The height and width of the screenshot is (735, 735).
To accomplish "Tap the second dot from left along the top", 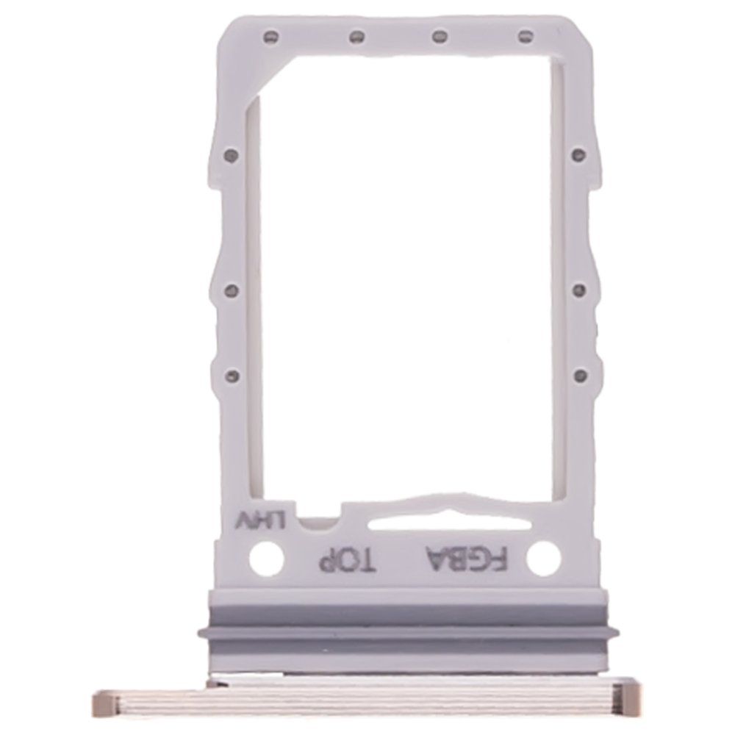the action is click(x=356, y=35).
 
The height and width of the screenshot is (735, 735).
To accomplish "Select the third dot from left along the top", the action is click(x=440, y=35).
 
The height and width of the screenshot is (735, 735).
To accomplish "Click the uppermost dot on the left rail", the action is click(x=231, y=154).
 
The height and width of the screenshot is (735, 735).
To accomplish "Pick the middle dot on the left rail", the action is click(x=232, y=291).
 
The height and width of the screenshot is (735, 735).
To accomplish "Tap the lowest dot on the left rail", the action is click(x=232, y=375).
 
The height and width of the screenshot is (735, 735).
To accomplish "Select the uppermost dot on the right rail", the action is click(x=579, y=154).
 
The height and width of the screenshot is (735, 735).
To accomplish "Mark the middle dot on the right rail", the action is click(x=580, y=289).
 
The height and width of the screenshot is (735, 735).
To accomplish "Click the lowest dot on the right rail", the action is click(x=581, y=375).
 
